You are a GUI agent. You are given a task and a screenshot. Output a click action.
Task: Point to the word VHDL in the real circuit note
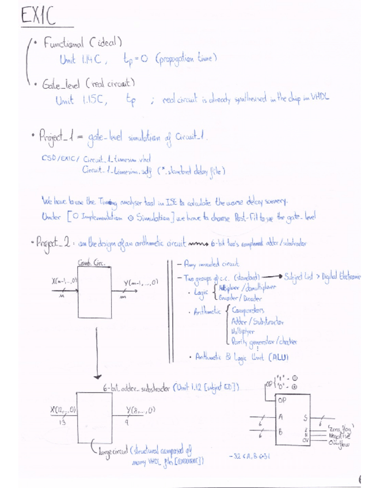pyautogui.click(x=320, y=99)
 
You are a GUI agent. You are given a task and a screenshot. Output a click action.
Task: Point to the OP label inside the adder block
pyautogui.click(x=282, y=401)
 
